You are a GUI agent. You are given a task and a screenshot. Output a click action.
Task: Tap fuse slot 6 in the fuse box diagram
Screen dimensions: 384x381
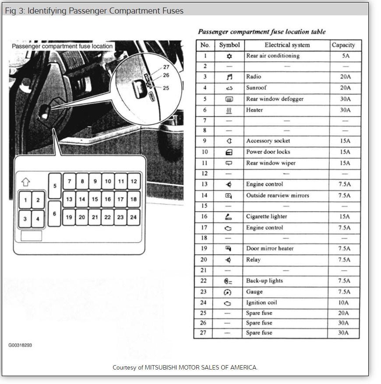[55, 213]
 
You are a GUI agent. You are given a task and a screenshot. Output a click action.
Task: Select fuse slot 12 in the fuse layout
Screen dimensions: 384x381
[134, 181]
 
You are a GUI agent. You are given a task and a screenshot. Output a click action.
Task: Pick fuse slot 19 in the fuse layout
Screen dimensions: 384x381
[69, 217]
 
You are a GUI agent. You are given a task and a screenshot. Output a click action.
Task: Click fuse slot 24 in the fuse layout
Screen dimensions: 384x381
[134, 217]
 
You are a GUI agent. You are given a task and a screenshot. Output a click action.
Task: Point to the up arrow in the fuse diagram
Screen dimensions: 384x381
[25, 181]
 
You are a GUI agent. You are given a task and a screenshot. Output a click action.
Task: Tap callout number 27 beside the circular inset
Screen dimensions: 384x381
[166, 67]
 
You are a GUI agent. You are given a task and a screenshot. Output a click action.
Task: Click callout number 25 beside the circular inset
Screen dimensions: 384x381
[166, 88]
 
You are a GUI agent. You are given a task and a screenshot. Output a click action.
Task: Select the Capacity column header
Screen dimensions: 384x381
[343, 45]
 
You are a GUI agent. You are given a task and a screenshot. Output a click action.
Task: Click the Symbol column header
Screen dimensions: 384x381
[229, 45]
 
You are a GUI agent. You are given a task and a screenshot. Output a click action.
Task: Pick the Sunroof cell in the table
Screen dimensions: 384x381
[256, 88]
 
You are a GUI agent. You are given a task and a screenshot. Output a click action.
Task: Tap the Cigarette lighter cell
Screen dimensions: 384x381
[266, 216]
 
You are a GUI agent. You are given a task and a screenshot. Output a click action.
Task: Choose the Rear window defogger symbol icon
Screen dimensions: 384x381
[229, 99]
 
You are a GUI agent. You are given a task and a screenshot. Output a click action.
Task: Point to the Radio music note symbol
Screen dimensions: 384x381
[229, 77]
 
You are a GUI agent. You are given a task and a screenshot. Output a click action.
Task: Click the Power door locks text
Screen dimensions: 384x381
[268, 152]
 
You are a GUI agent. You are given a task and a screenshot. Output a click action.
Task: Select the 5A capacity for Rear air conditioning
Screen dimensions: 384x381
[345, 56]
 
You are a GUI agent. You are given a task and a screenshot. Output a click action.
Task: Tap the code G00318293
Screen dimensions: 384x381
[20, 345]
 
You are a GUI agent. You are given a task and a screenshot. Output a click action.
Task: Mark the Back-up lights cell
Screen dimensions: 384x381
[265, 281]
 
